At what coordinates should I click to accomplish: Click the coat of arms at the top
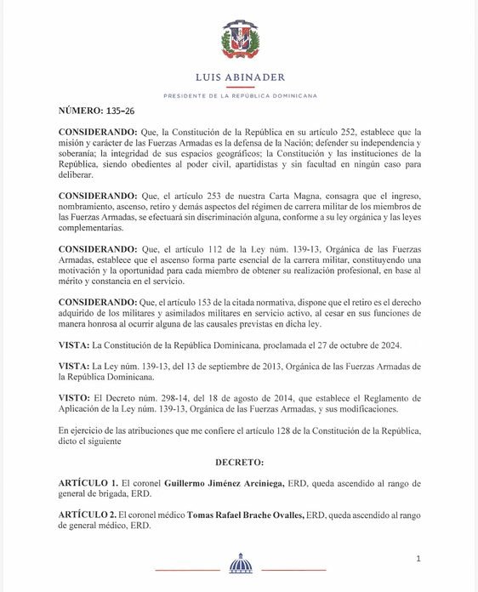[240, 40]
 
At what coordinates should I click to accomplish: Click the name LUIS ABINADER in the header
[240, 76]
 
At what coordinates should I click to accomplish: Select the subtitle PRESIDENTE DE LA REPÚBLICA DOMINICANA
[240, 95]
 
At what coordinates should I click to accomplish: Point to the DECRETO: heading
[239, 460]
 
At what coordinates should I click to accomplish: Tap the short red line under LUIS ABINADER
[240, 86]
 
